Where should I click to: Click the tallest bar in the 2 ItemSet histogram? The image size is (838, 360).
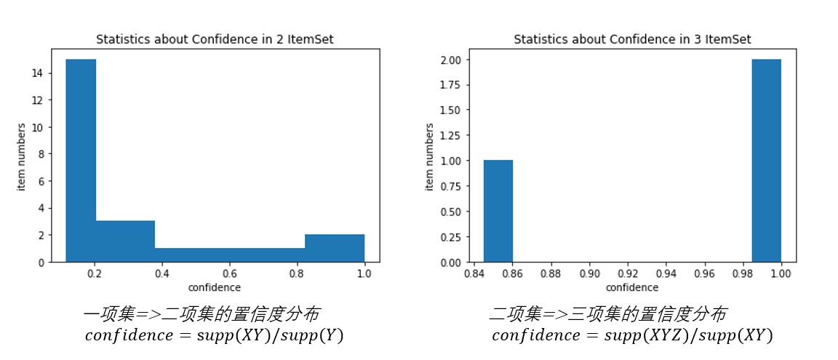(81, 160)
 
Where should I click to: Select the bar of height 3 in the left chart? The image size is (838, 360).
(125, 241)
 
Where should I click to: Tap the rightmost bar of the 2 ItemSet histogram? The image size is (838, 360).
(335, 248)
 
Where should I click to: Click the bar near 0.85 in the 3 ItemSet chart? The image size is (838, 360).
(498, 211)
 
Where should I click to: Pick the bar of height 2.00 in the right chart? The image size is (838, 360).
(767, 160)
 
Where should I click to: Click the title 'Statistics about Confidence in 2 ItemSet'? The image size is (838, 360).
(215, 39)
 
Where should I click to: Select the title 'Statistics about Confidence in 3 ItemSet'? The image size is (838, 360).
(632, 39)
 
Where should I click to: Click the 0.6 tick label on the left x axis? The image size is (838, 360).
(229, 273)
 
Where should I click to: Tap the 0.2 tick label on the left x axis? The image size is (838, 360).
(95, 273)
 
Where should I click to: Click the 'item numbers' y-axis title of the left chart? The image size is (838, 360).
(22, 156)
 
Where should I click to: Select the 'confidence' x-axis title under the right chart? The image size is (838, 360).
(632, 287)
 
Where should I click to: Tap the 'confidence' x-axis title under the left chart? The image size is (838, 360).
(215, 287)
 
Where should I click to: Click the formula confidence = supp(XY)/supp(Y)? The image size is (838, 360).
(214, 336)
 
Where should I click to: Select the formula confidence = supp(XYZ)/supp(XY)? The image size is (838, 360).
(632, 336)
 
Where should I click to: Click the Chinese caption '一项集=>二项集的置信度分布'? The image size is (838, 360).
(201, 314)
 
